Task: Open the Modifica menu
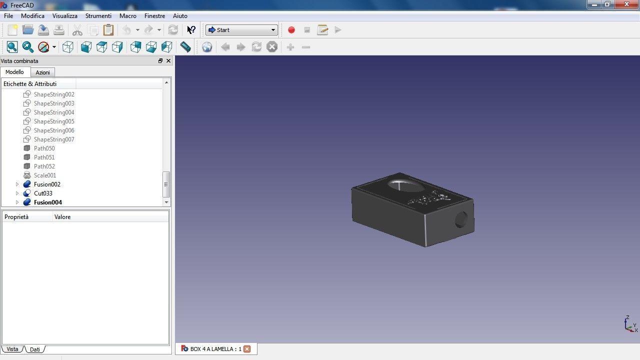pos(32,16)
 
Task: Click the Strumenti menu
pos(98,16)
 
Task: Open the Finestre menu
pos(154,16)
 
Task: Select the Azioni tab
pos(42,72)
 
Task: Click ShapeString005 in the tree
pos(54,121)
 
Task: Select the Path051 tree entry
pos(44,157)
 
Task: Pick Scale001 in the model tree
pos(45,175)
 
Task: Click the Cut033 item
pos(43,193)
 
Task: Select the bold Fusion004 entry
pos(48,202)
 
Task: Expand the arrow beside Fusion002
pos(17,184)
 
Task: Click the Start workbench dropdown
pos(241,30)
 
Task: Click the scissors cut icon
pos(77,30)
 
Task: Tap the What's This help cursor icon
pos(191,30)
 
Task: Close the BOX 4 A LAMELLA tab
pos(247,349)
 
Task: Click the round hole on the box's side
pos(461,219)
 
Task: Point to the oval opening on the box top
pos(405,184)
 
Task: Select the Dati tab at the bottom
pos(34,349)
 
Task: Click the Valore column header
pos(62,217)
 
